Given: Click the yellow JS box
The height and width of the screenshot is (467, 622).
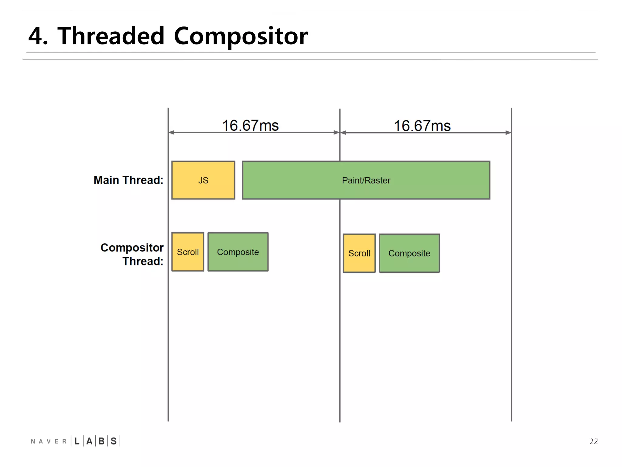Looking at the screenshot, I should (203, 180).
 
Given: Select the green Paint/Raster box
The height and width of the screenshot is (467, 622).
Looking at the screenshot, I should (366, 180).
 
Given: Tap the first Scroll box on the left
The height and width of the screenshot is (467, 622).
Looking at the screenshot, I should (188, 252).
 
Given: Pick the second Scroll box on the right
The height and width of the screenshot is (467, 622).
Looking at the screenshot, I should (359, 253).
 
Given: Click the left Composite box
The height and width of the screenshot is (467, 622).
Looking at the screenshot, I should (238, 252).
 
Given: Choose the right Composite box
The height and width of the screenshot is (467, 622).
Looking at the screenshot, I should (409, 253).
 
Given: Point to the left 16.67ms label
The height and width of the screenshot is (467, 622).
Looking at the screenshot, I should (250, 126).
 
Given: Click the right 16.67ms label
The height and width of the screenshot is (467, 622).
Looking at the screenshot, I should (422, 126).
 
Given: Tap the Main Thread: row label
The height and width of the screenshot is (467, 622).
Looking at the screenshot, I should (128, 180).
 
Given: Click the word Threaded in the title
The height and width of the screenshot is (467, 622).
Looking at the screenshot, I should (111, 36).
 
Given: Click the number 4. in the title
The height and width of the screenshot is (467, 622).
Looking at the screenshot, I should (38, 36).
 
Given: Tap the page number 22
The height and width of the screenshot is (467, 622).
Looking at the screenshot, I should (593, 441).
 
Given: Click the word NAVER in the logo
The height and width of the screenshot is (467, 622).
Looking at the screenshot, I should (49, 441).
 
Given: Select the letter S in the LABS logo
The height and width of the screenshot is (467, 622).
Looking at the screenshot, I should (114, 441).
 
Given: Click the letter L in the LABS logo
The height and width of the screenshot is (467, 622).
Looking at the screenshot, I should (77, 441).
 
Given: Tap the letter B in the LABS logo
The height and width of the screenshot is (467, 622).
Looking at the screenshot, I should (101, 441).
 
